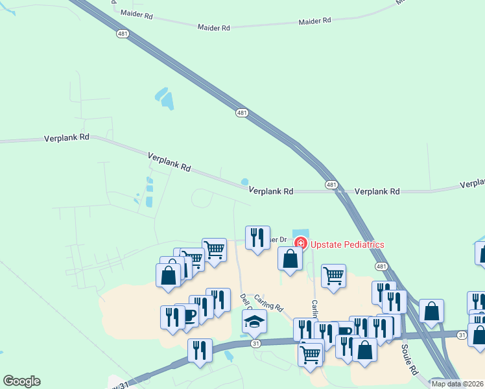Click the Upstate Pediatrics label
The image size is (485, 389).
click(x=348, y=244)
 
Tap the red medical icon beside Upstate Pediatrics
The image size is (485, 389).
click(x=300, y=244)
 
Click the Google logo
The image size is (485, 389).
click(x=21, y=381)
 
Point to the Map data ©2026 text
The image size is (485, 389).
click(x=457, y=384)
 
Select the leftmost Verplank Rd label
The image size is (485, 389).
click(x=66, y=139)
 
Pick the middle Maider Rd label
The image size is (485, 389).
click(x=214, y=28)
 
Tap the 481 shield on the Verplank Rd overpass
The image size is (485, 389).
click(x=331, y=185)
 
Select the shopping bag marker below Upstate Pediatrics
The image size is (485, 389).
click(x=290, y=258)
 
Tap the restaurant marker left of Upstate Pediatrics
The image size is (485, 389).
click(x=257, y=237)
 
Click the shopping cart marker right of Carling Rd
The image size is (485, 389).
click(x=333, y=275)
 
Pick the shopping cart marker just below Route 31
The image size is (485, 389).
click(x=311, y=354)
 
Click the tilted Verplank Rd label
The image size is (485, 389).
click(x=169, y=161)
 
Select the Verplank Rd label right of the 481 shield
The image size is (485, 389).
click(x=377, y=192)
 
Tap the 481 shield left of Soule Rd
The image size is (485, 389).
click(x=381, y=267)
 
